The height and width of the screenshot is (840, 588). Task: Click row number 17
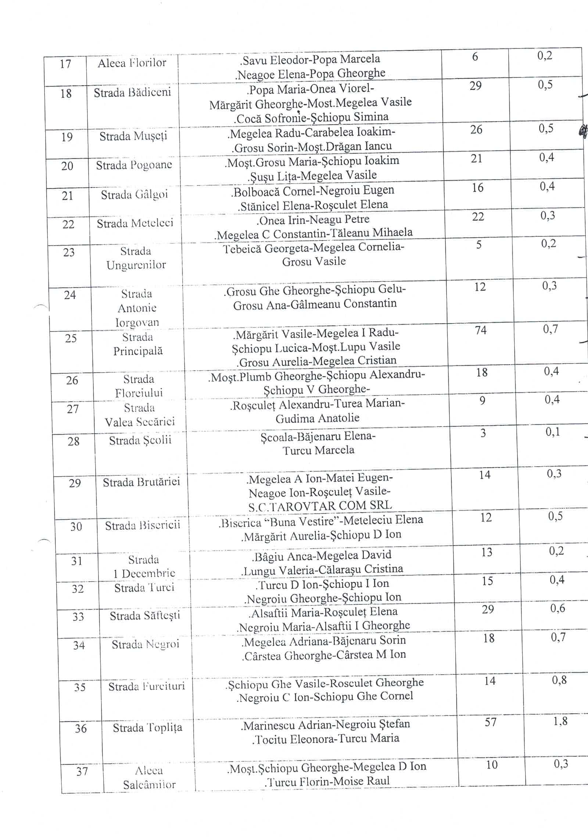tap(65, 64)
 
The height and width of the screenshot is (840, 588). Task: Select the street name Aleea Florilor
tap(132, 63)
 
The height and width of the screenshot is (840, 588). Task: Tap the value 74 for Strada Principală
tap(480, 330)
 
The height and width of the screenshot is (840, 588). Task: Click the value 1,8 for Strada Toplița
tap(560, 721)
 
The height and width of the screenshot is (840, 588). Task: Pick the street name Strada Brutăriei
tap(141, 482)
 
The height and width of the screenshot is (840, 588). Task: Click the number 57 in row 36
tap(491, 722)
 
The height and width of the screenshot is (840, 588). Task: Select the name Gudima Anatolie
tap(318, 419)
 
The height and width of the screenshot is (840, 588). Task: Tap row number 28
tap(73, 441)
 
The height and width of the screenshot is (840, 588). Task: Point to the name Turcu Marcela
tap(319, 450)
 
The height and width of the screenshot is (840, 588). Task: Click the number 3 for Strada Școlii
tap(483, 433)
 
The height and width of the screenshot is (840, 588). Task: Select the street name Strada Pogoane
tap(134, 165)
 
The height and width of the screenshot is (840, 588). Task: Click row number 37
tap(82, 771)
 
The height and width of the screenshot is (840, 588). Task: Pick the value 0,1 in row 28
tap(553, 432)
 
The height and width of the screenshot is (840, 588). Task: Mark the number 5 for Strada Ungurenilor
tap(479, 245)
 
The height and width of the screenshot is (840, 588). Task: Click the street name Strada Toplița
tap(147, 728)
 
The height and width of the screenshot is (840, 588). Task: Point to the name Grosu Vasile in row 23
tap(314, 261)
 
